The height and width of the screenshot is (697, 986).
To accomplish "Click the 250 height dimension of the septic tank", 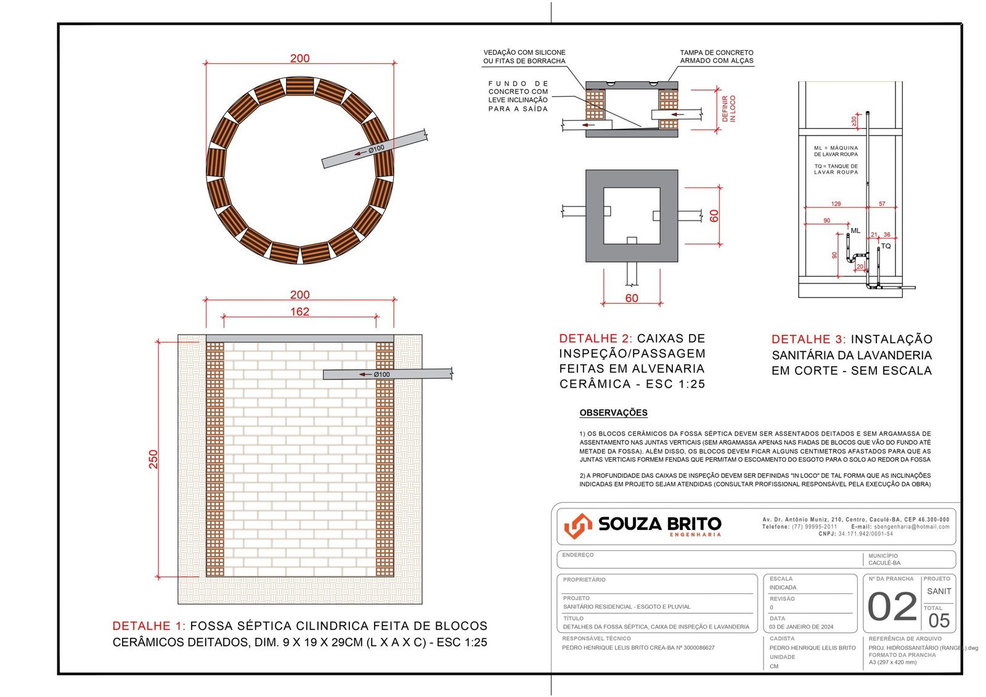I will point(153,459).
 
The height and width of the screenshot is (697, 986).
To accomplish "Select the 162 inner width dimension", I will point(299,312).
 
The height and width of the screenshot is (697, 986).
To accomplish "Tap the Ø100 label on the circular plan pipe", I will point(377,149).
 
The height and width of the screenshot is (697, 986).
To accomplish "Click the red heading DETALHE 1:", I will point(149,626).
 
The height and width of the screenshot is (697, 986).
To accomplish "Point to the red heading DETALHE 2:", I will point(595,338).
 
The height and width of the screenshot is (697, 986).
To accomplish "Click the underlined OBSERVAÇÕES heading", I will point(613,413).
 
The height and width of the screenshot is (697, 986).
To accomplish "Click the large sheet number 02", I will point(892,608).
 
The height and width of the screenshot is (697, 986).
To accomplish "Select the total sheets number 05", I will point(939,621).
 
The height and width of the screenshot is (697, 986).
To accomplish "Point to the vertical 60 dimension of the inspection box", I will point(714,216).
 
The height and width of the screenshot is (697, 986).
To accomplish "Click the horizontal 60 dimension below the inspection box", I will point(632,298).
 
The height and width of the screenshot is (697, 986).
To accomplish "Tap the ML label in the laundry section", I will point(855,231).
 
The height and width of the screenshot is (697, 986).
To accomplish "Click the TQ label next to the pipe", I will point(886,247).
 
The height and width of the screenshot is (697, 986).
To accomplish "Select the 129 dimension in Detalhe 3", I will point(836,204).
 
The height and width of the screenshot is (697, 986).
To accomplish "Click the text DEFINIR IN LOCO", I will point(729,109).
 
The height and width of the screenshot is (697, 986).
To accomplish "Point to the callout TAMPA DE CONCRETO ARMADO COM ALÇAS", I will point(717,57).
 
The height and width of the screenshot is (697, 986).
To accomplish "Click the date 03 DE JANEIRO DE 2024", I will point(801,627).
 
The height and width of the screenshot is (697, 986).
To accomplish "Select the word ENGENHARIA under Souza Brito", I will point(695,535).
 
